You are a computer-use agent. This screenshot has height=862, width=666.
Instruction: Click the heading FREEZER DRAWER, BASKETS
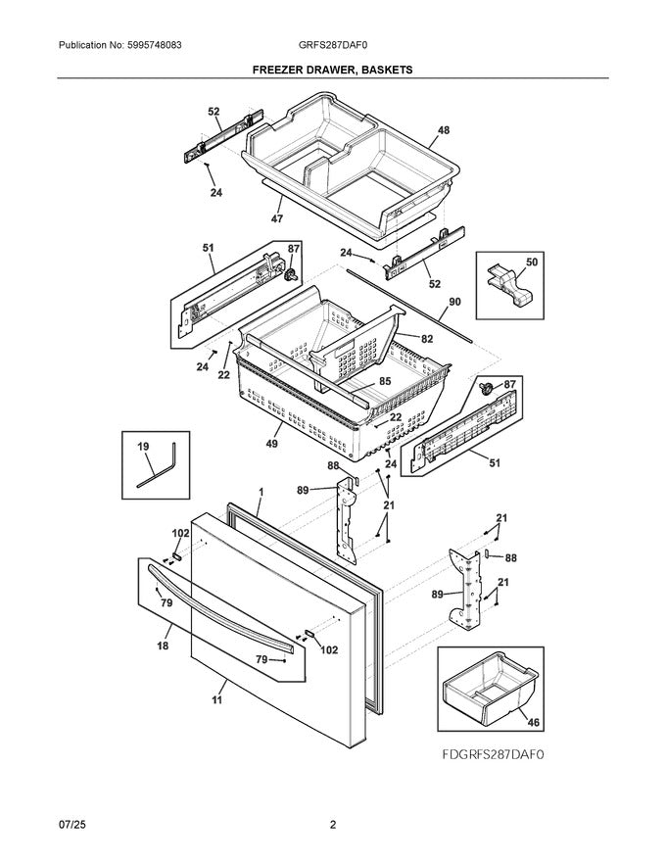click(333, 71)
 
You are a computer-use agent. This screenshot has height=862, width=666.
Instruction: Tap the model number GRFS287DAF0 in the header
click(333, 45)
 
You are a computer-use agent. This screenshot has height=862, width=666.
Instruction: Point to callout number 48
click(444, 130)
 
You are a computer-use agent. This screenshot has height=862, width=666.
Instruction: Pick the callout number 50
click(532, 263)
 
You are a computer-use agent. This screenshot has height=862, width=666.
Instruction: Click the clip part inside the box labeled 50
click(510, 287)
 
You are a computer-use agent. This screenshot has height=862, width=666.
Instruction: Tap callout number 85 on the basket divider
click(385, 381)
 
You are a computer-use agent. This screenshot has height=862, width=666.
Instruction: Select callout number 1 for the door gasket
click(262, 490)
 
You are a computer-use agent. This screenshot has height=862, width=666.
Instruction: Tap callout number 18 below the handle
click(162, 646)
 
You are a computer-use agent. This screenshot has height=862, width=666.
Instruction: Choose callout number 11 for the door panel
click(216, 699)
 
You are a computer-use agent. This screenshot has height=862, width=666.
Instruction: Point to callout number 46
click(532, 723)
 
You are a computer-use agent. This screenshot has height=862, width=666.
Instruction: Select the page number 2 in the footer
click(333, 825)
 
